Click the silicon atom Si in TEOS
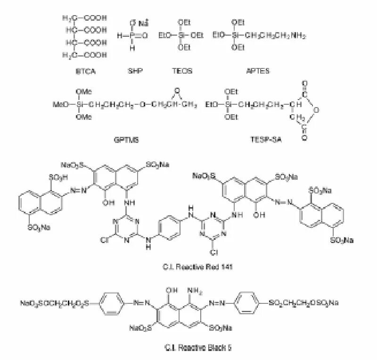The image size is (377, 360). coord(182,35)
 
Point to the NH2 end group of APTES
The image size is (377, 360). coord(298,35)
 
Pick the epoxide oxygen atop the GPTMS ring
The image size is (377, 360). coord(176,90)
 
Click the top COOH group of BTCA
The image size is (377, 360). coord(96,18)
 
